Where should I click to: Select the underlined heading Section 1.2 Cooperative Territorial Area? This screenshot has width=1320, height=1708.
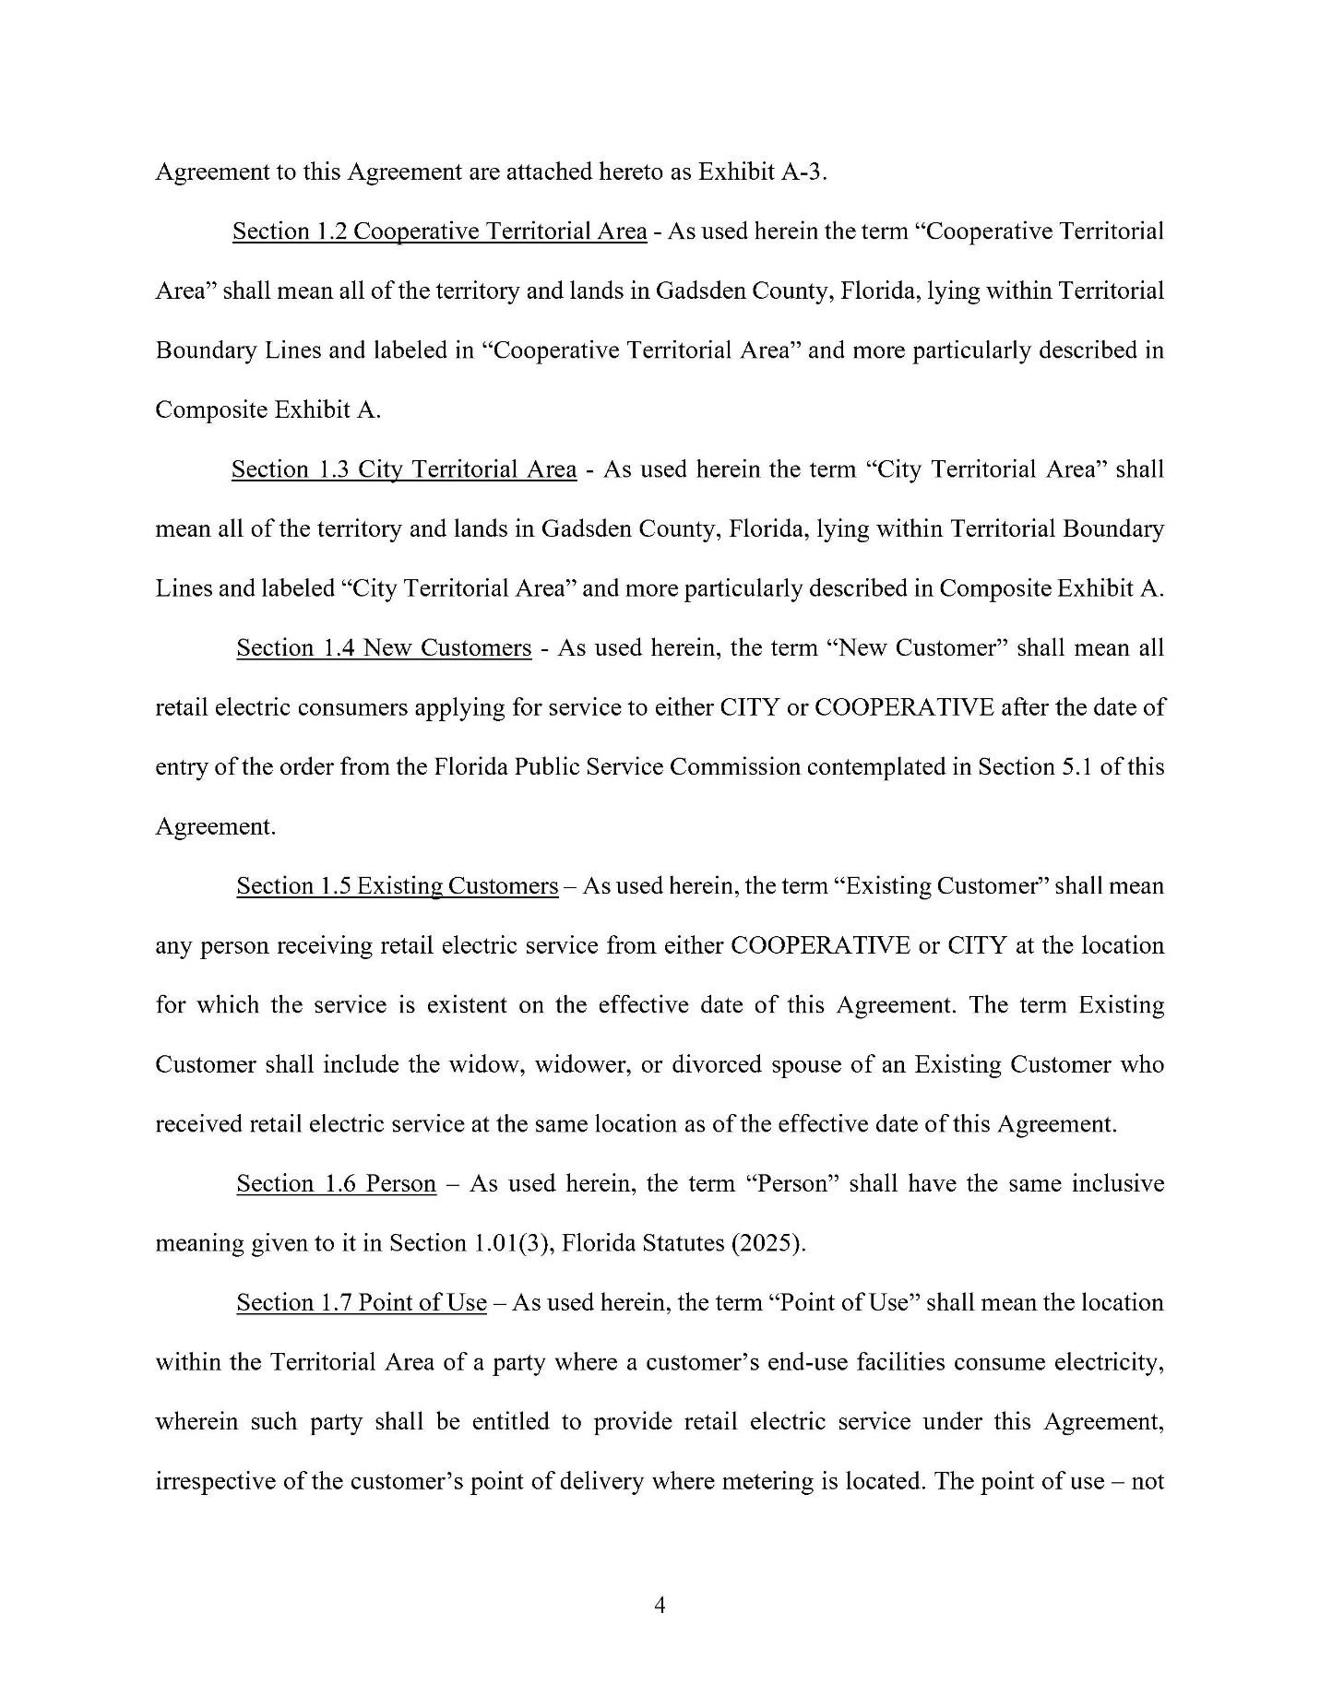point(439,231)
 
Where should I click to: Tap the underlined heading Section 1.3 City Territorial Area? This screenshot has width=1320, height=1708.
point(404,469)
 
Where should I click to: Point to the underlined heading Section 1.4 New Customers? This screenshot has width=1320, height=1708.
point(384,648)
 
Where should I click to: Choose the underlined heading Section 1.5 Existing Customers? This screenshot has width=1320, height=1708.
point(397,886)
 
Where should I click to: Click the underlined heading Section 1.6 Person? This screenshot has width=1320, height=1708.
point(336,1183)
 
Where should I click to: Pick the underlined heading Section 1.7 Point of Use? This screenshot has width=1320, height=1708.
point(361,1302)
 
